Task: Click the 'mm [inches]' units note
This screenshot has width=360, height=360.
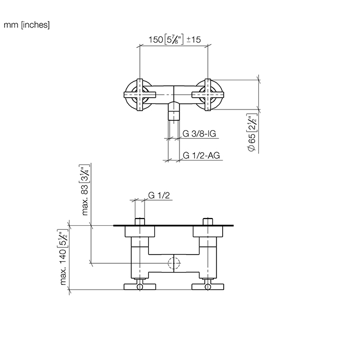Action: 26,24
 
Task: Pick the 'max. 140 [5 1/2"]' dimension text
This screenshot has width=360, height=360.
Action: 64,258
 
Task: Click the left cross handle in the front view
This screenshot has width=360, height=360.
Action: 139,95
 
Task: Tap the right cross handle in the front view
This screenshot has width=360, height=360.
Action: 208,95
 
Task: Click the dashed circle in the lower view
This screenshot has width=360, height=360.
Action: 174,264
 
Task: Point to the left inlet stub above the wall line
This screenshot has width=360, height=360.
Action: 139,222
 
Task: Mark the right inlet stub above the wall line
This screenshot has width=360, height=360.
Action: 208,222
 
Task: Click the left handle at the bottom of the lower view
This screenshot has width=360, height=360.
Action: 139,285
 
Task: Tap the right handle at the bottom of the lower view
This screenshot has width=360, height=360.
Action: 208,285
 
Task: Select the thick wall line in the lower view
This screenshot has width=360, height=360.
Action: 174,225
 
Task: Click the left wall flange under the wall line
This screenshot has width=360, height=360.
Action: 139,232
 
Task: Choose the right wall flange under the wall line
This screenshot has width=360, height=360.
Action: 208,232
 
